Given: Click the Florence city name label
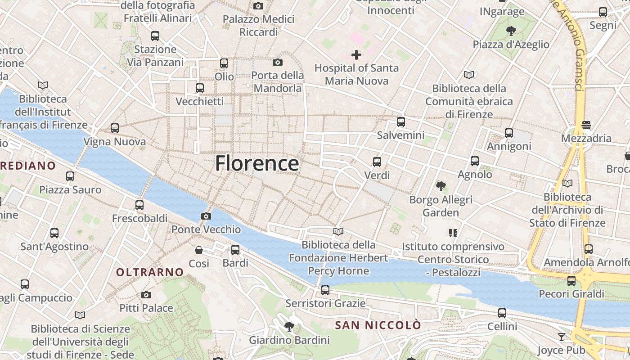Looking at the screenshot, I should (256, 163).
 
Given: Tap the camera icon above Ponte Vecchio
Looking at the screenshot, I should (206, 216).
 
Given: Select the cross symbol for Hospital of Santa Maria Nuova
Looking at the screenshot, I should (356, 55).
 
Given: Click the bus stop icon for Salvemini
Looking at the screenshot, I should (400, 122).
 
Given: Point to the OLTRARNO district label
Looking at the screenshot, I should (150, 272).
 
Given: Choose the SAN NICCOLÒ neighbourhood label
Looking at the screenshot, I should (378, 325).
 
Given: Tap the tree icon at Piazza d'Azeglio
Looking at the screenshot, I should (511, 31).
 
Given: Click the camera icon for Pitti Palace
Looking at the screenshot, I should (146, 295).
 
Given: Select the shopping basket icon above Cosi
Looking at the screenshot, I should (199, 250).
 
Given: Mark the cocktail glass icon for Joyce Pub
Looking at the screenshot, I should (562, 337).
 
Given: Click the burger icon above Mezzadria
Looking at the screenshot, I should (586, 125).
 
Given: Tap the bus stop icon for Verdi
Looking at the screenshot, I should (377, 162).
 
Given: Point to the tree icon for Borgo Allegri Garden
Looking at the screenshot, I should (441, 186).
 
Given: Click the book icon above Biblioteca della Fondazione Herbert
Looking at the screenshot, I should (338, 232).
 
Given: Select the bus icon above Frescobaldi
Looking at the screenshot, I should (139, 205).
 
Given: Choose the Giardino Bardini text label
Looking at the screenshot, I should (289, 340).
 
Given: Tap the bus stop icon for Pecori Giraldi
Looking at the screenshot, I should (571, 281).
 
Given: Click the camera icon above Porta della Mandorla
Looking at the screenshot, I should (278, 62).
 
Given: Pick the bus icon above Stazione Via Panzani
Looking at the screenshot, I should (155, 36).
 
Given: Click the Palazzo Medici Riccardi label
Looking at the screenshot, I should (259, 26).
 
